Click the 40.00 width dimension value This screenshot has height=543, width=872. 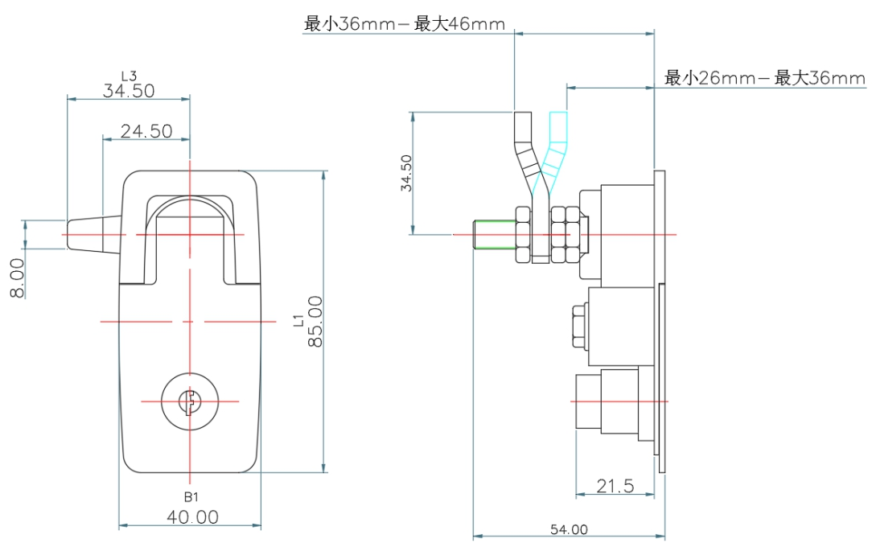click(x=192, y=516)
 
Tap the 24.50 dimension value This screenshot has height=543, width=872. click(x=146, y=130)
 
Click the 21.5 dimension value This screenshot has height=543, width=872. click(x=615, y=485)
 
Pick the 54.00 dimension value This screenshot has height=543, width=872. click(x=569, y=529)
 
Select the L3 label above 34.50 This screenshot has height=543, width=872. click(x=128, y=76)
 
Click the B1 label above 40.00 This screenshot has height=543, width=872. click(x=191, y=497)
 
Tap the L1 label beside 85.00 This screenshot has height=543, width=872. click(x=298, y=321)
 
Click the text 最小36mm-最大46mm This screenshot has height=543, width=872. click(x=404, y=24)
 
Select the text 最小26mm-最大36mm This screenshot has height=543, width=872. click(x=764, y=78)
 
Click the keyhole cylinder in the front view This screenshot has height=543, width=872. click(x=190, y=401)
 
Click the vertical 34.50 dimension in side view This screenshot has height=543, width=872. click(x=407, y=173)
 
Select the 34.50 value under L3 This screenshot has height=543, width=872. click(x=129, y=91)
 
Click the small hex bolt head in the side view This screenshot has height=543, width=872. click(x=578, y=326)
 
